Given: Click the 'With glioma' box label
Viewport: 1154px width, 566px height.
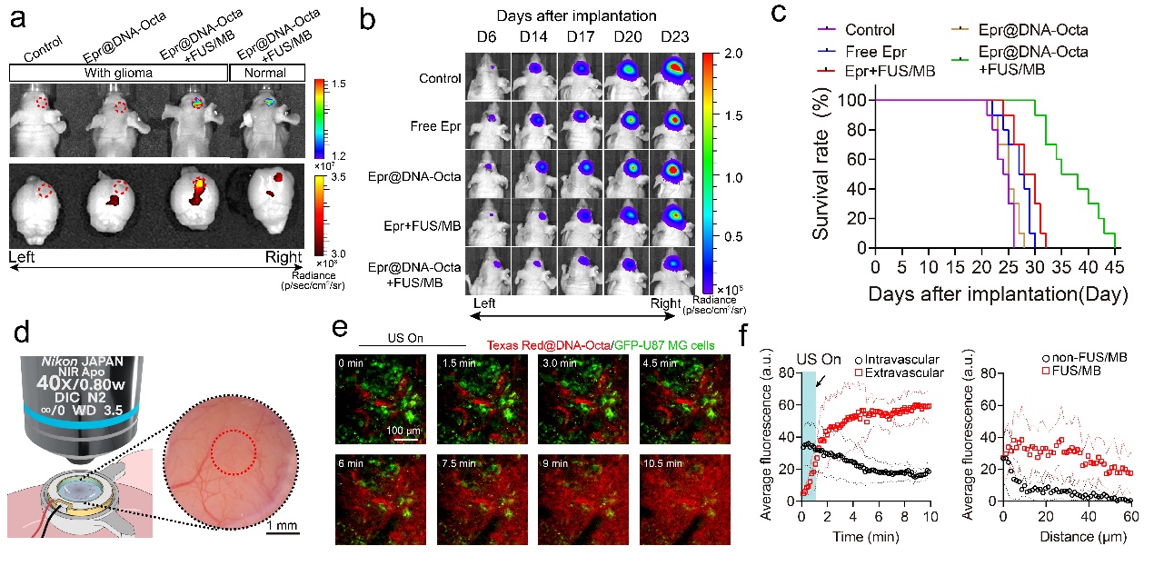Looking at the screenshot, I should (117, 74).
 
